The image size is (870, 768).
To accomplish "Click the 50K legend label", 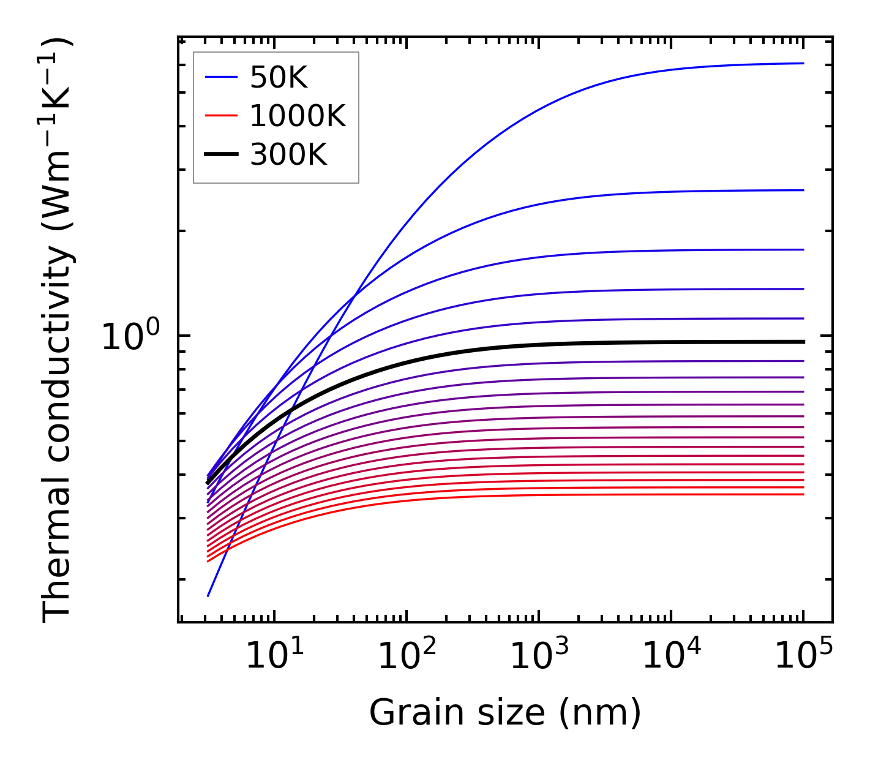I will (x=279, y=77).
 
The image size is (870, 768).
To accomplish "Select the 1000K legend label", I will (x=298, y=116).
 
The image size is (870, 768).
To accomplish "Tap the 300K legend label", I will (x=288, y=155).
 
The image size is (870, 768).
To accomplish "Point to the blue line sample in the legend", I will (x=220, y=77).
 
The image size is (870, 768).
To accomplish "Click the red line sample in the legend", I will (x=220, y=116).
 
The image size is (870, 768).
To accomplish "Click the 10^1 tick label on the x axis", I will (x=274, y=657).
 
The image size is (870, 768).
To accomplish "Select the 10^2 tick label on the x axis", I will (x=407, y=657).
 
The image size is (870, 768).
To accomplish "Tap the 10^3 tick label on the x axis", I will (x=539, y=657).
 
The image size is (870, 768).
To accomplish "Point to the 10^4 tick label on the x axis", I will (x=671, y=657).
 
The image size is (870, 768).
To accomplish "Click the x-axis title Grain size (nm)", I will (x=505, y=713).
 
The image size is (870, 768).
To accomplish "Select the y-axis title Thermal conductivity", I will (x=58, y=331).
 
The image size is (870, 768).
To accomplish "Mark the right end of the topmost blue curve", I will (x=803, y=63).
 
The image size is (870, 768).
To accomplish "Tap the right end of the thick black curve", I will (x=803, y=342).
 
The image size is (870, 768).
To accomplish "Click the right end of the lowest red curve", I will (x=803, y=494).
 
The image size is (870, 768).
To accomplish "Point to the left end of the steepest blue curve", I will (x=208, y=595).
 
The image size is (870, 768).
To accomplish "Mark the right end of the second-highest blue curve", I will (x=803, y=190).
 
